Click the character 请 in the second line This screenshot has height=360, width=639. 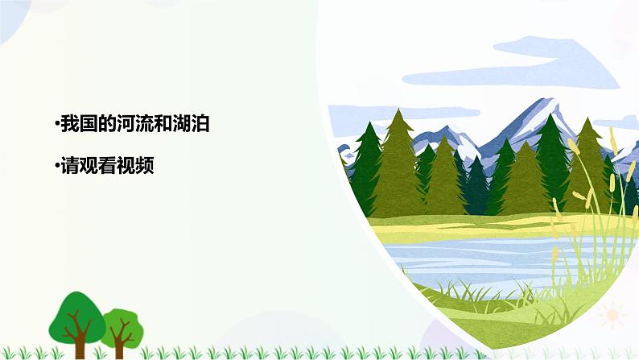(68, 166)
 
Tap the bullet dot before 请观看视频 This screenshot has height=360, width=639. (56, 166)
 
